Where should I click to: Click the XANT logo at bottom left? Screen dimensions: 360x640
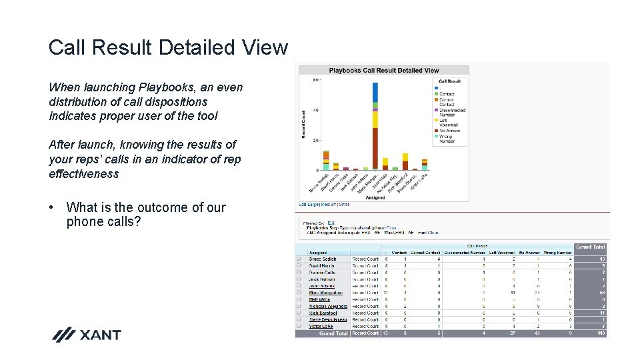click(x=87, y=335)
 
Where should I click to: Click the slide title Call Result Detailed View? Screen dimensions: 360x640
click(x=168, y=48)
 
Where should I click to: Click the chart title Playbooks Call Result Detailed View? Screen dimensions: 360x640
click(x=383, y=70)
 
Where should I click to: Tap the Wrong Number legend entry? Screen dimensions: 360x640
click(x=447, y=139)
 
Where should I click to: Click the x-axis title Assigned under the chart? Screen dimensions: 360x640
click(x=375, y=197)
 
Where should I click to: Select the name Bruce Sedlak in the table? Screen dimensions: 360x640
click(x=323, y=259)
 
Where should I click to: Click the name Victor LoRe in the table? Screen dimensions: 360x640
click(x=321, y=327)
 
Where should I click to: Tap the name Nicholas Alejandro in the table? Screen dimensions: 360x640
click(x=327, y=306)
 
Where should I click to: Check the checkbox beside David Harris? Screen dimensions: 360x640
click(x=299, y=266)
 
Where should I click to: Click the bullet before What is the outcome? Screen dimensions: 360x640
click(x=52, y=207)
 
